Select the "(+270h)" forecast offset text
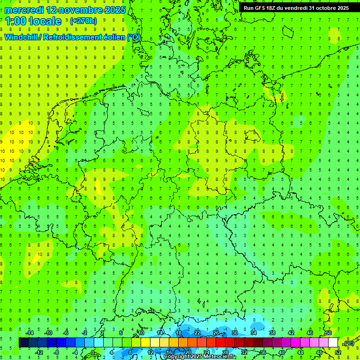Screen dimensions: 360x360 point(83,21)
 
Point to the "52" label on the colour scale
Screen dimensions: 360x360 point(337,352)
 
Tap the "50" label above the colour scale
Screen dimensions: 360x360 point(329,333)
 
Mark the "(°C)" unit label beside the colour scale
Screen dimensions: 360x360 point(348,343)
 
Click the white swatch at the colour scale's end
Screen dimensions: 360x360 point(333,343)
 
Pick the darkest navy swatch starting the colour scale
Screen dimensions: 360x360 point(23,343)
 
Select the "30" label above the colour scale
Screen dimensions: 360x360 point(234,333)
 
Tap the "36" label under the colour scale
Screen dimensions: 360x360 point(262,352)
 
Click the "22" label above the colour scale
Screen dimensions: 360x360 point(197,333)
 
